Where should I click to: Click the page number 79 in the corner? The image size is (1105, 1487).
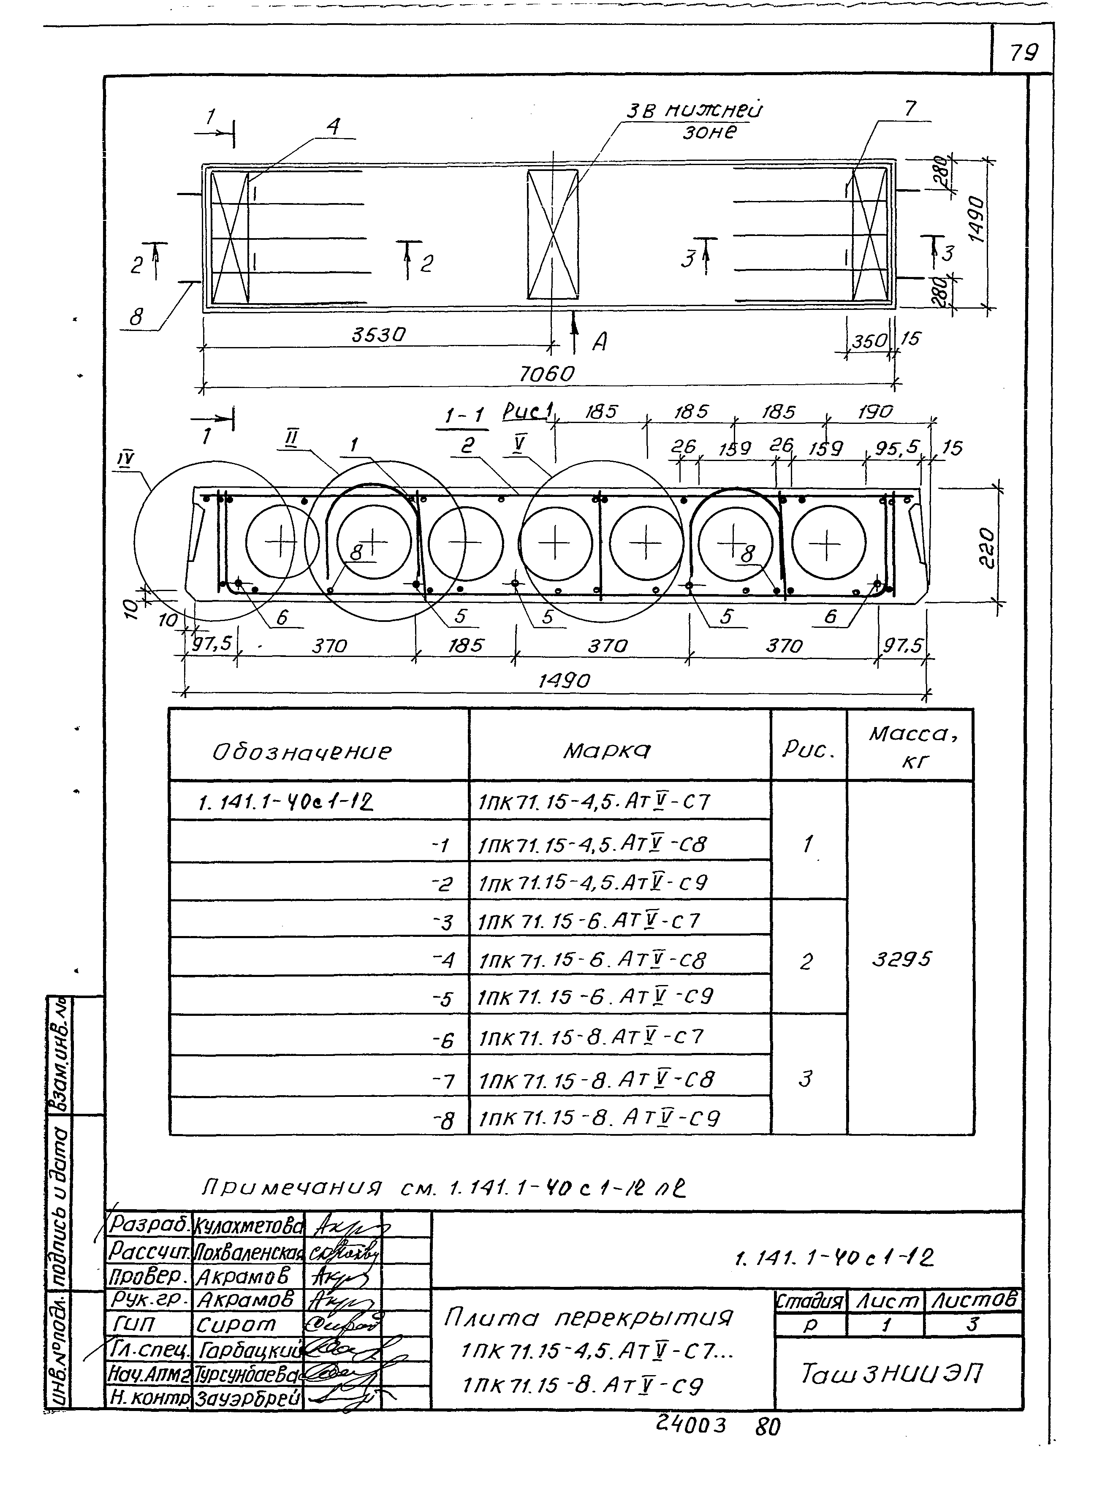coord(1024,52)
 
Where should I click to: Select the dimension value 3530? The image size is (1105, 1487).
coord(379,334)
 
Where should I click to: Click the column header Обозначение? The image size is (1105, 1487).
coord(301,752)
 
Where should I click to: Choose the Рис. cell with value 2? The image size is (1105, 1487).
coord(806,962)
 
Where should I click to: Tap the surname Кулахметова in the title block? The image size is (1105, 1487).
coord(247,1226)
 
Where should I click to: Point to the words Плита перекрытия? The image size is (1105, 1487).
coord(589,1318)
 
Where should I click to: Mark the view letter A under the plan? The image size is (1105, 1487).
coord(600,342)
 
